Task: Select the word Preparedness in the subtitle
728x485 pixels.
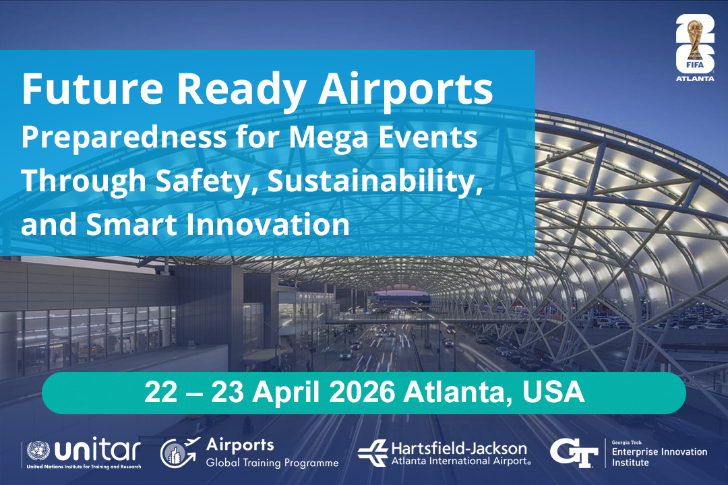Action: click(x=124, y=138)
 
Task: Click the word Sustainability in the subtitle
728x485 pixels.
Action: click(x=375, y=182)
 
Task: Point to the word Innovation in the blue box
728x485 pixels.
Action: click(x=268, y=224)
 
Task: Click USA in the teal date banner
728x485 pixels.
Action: click(x=553, y=393)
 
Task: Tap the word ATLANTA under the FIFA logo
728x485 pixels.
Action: click(x=695, y=78)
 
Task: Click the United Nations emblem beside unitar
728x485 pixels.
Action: click(x=38, y=451)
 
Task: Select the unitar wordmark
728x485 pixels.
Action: click(x=98, y=449)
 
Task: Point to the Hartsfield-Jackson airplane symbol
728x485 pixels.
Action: click(x=372, y=453)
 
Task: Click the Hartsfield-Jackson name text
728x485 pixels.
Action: click(x=459, y=449)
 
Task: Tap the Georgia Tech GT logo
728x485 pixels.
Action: click(x=574, y=453)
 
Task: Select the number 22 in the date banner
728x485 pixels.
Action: click(x=161, y=393)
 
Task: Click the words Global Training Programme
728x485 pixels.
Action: click(x=272, y=463)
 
